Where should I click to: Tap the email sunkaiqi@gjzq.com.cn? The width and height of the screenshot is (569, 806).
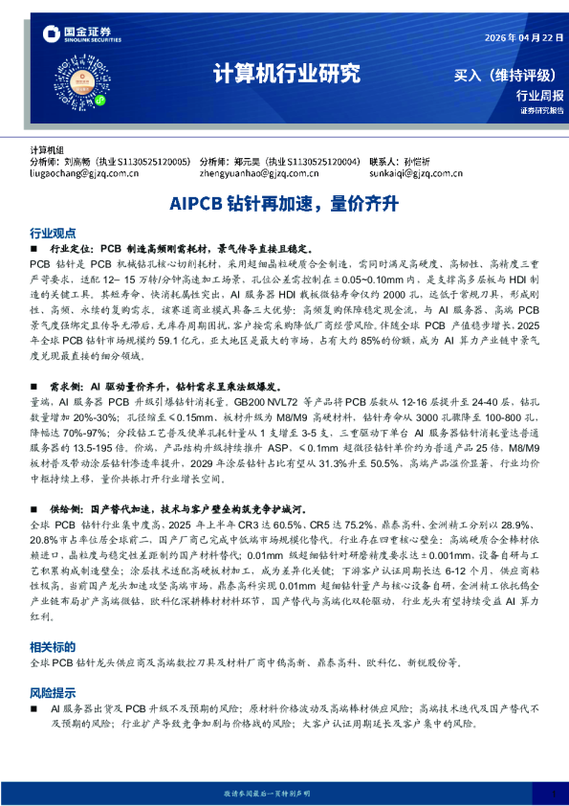(414, 175)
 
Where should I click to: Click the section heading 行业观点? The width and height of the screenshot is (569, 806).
(53, 233)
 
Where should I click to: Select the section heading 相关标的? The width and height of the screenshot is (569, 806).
(53, 647)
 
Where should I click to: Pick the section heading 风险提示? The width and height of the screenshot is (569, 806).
(53, 691)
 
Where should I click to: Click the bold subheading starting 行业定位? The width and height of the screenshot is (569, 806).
(172, 247)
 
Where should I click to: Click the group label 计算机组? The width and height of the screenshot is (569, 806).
(47, 151)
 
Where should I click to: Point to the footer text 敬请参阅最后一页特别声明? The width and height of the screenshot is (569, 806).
(284, 794)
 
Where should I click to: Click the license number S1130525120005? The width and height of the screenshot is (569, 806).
(150, 164)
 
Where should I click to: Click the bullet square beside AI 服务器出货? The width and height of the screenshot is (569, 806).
(35, 709)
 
